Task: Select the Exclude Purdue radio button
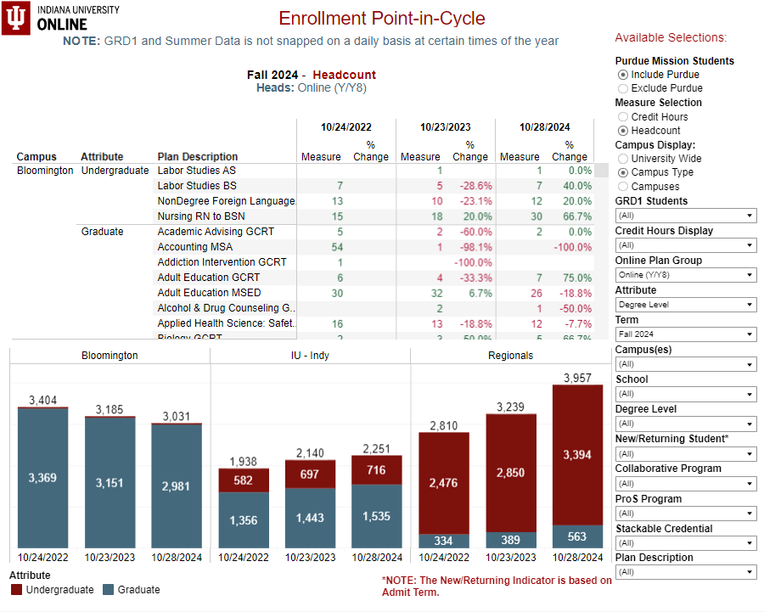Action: point(623,88)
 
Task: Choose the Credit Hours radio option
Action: point(623,117)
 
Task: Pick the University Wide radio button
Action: point(623,159)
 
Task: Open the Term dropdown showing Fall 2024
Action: point(686,334)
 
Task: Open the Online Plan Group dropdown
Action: point(686,275)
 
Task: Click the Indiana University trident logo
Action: point(16,18)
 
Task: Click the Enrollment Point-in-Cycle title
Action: point(382,19)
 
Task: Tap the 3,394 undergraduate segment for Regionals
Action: point(578,456)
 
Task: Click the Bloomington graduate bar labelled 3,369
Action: point(42,478)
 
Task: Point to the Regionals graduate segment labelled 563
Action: point(578,536)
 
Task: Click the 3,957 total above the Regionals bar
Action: point(578,377)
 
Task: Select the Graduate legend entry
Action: point(132,590)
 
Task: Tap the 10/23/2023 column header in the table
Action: point(445,127)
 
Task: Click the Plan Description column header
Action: point(198,157)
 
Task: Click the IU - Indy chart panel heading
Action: point(310,356)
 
